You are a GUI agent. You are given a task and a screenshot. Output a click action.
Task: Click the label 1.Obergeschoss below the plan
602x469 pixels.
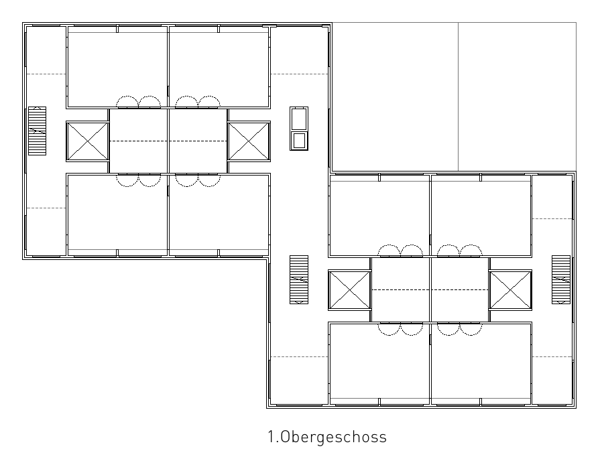327,437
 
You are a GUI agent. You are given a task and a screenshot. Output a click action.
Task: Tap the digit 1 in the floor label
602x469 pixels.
271,437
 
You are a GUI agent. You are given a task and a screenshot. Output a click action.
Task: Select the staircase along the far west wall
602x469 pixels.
38,131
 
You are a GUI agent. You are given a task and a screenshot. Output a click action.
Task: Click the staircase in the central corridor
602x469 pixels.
299,279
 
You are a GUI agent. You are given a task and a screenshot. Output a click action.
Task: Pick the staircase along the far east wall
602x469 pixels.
561,279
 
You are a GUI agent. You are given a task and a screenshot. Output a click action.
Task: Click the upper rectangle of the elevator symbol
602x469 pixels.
299,119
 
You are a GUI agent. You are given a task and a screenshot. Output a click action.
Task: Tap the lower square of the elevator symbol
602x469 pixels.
299,141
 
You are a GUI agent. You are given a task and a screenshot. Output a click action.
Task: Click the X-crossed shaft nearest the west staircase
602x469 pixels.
88,141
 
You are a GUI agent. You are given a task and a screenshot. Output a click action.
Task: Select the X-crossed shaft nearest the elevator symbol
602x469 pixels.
249,141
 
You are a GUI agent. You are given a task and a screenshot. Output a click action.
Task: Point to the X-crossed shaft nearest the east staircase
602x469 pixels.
510,289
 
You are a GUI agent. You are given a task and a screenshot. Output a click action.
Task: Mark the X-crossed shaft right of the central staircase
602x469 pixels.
349,289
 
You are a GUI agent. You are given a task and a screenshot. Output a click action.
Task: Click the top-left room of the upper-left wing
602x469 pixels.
117,67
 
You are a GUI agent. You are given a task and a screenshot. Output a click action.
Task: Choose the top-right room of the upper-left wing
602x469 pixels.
219,67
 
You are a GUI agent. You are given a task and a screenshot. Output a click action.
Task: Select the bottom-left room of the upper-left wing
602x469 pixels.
117,215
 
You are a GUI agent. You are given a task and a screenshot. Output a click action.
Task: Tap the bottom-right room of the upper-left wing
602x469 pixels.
219,215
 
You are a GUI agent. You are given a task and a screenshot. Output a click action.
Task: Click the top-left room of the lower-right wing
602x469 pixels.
379,215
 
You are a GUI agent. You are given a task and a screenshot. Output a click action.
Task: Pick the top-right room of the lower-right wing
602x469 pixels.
481,215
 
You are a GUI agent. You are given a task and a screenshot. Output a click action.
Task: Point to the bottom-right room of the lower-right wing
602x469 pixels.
481,363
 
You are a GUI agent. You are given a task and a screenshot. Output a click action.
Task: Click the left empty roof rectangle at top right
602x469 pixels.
395,96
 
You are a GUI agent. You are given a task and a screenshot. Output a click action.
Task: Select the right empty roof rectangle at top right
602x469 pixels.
517,96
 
